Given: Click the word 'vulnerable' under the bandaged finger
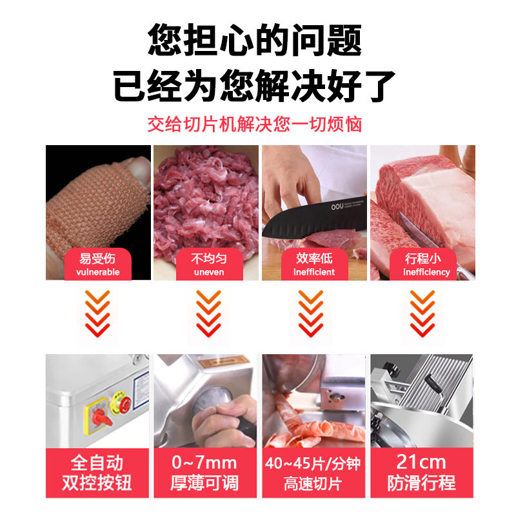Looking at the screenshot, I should click(x=98, y=272).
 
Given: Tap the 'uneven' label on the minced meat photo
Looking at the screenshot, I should click(x=208, y=272).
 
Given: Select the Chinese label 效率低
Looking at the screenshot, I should click(x=314, y=259).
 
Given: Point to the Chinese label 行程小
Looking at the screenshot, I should click(x=423, y=259).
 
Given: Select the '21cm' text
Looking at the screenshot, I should click(x=421, y=462).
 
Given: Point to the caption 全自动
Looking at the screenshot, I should click(x=98, y=463).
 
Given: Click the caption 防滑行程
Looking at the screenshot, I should click(x=421, y=483).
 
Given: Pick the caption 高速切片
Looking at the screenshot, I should click(x=314, y=484).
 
